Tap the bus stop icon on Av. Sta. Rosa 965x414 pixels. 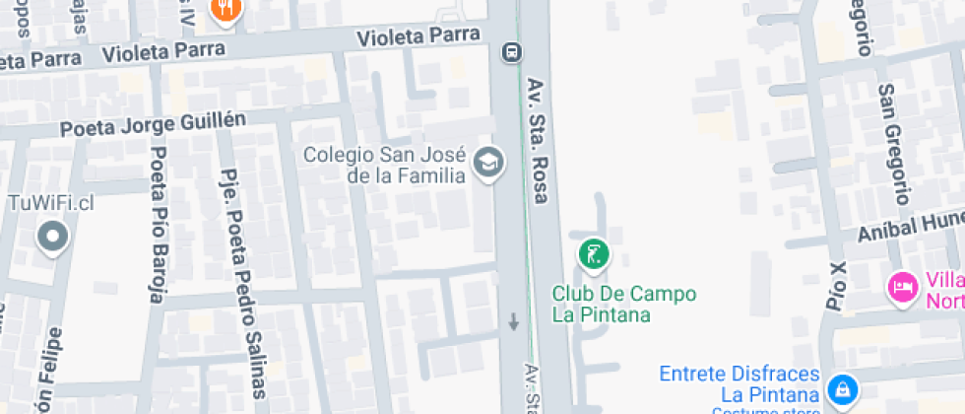click(511, 52)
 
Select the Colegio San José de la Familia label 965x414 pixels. click(384, 165)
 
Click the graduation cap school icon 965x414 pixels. click(487, 163)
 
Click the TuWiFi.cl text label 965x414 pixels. click(50, 203)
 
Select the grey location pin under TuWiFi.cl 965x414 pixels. click(51, 237)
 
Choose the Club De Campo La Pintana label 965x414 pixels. click(624, 305)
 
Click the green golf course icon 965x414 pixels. click(594, 255)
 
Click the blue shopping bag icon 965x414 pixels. click(843, 388)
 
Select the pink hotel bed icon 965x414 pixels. click(902, 287)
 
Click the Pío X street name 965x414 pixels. click(837, 287)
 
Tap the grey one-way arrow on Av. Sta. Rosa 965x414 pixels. click(513, 321)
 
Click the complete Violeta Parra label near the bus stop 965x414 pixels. click(418, 36)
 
